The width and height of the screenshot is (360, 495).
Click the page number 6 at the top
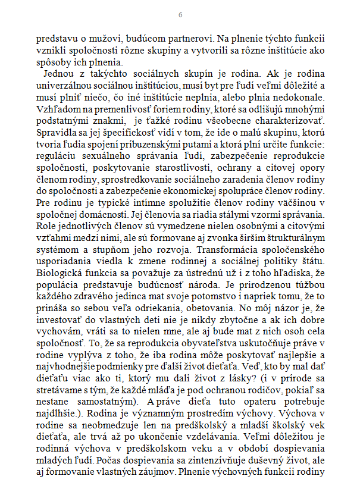pyautogui.click(x=180, y=14)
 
